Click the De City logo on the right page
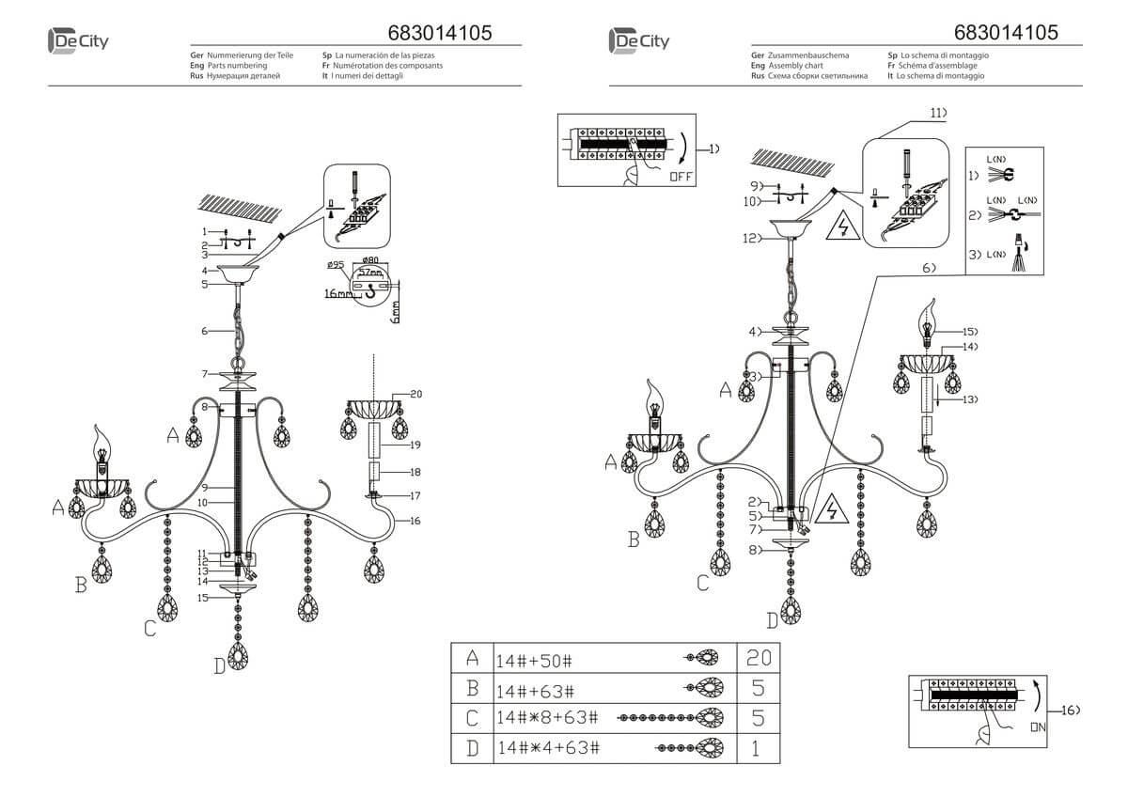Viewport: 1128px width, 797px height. pos(639,41)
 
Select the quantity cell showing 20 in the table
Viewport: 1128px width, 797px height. pos(758,658)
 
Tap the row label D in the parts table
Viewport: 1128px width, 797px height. pos(472,748)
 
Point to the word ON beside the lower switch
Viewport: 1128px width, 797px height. pos(1037,727)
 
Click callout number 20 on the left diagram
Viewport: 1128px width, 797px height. pos(415,395)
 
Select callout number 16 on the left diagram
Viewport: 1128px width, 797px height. pos(415,520)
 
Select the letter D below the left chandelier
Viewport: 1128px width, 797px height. pos(219,665)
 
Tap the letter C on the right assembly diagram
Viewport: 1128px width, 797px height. pos(702,583)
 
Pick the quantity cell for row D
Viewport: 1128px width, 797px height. pos(758,748)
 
